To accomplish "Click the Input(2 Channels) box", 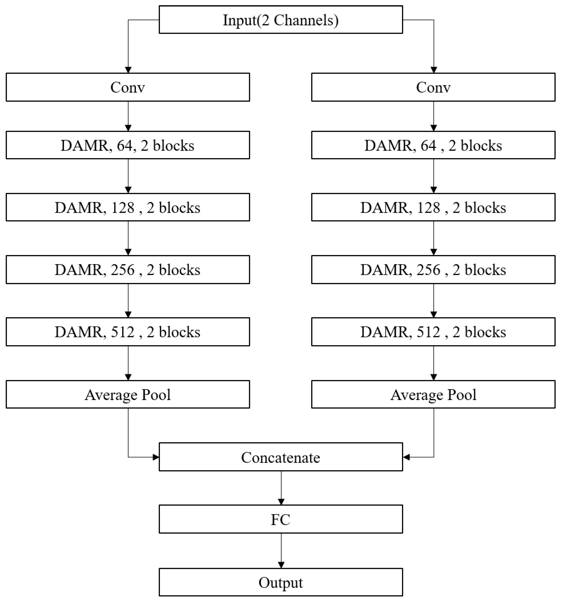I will tap(280, 20).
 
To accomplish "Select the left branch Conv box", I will tap(128, 87).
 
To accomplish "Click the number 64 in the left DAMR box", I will tap(125, 145).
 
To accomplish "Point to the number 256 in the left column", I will tap(123, 270).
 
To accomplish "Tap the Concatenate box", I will tap(280, 457).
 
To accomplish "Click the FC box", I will tap(280, 519).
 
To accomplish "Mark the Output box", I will tap(280, 582).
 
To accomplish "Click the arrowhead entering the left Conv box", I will tap(128, 70).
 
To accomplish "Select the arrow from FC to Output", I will tap(281, 551).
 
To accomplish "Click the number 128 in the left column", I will tap(123, 207).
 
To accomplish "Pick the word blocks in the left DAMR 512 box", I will tap(179, 332).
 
